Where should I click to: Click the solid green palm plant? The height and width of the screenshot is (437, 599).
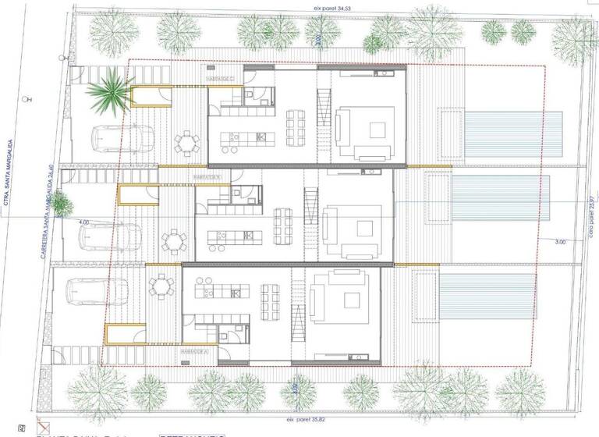pos(108,93)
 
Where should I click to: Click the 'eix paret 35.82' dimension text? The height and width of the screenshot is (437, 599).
pos(303,408)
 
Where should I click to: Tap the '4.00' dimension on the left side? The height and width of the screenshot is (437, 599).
pos(83,222)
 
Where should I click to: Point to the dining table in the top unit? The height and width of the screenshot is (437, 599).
pos(296,125)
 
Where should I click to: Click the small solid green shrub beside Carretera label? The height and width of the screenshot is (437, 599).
pos(63,204)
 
